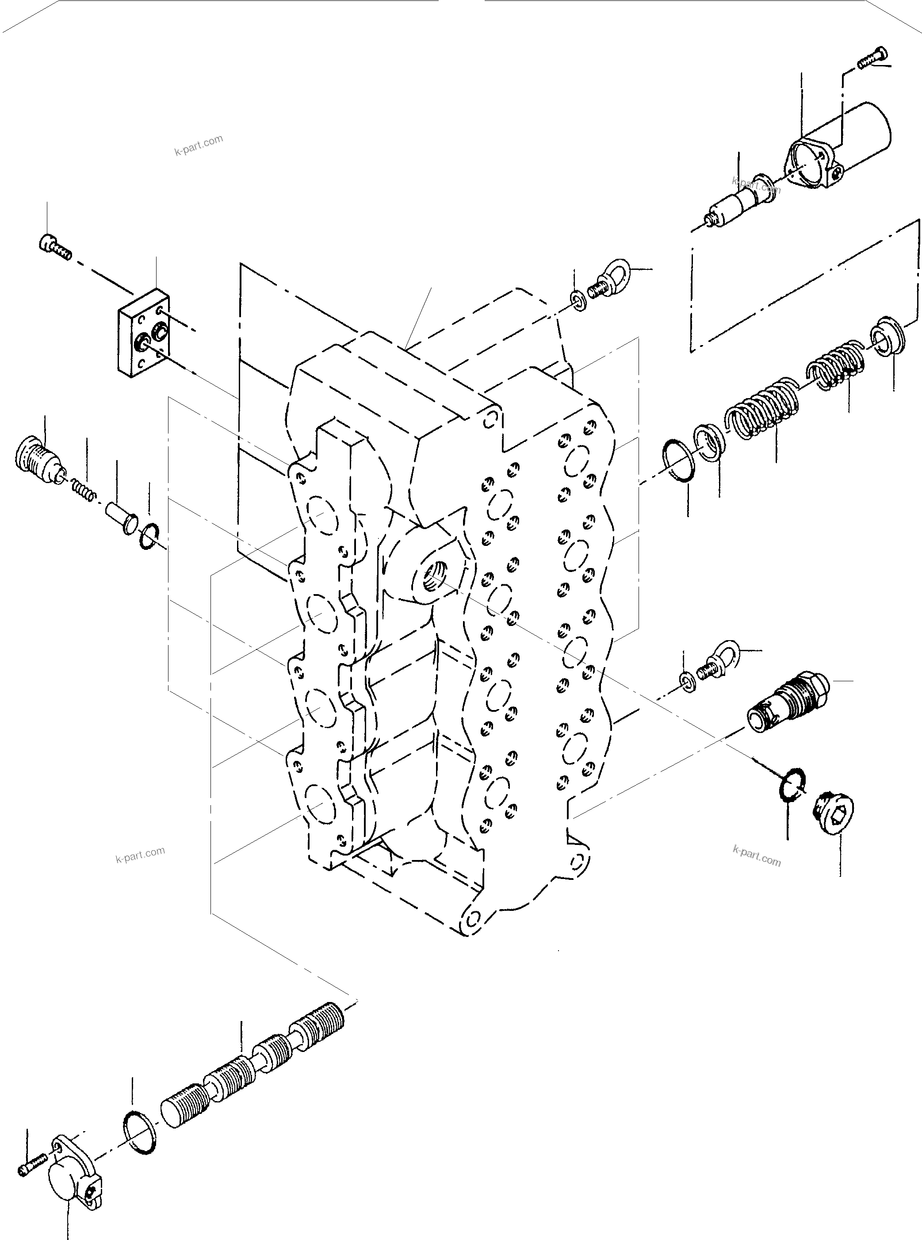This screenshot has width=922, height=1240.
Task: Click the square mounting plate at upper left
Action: click(143, 333)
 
